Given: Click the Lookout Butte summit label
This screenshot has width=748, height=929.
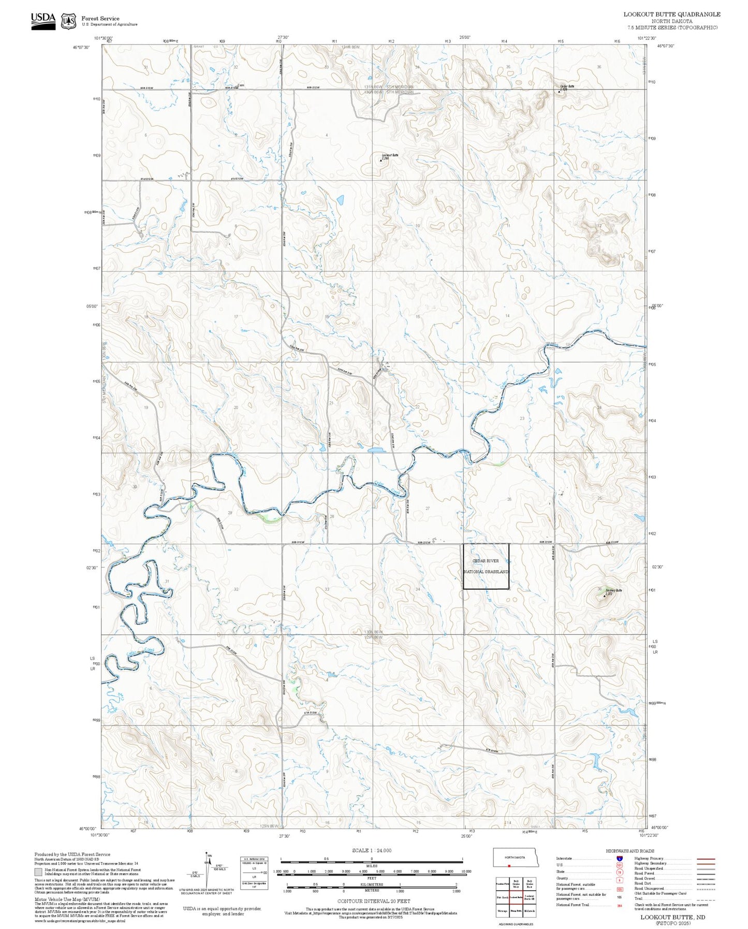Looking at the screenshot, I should point(389,155).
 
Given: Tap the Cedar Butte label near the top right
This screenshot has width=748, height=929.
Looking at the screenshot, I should point(567,86).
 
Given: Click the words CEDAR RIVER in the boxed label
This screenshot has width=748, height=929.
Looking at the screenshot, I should point(486,561).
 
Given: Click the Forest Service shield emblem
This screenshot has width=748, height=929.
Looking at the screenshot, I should point(68,21).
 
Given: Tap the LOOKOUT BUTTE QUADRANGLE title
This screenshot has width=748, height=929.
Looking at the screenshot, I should point(671,14).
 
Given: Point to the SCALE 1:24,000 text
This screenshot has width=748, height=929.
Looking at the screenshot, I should point(372,850).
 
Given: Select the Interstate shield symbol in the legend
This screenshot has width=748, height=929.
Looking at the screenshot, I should point(620,859).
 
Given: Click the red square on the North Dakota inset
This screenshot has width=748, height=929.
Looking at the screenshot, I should point(509,865).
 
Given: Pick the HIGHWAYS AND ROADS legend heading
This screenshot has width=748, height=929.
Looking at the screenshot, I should point(630,851).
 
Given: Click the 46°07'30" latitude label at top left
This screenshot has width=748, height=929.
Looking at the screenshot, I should point(82,47).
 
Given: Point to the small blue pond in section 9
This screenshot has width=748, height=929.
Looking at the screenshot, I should point(340,199).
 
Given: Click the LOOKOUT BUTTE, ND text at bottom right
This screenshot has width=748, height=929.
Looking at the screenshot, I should point(672,917).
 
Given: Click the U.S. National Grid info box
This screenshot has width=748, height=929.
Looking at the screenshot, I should point(254,873).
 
